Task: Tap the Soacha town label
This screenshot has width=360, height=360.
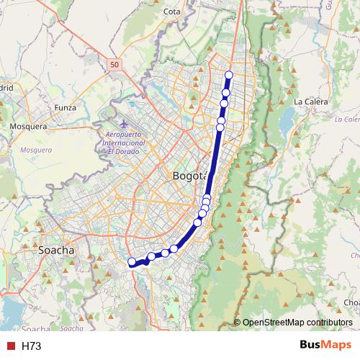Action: pos(55,250)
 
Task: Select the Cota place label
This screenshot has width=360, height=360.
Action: pos(172,12)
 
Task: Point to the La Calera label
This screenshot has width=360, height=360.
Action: pos(311,102)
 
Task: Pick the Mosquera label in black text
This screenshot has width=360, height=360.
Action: pos(28,126)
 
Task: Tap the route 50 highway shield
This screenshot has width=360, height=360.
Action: pos(115,65)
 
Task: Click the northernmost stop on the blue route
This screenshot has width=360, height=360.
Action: pos(229,75)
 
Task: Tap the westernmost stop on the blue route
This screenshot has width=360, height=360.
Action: pos(131,262)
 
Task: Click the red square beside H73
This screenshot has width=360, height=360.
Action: pos(11,346)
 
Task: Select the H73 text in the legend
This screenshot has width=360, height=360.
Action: pos(31,346)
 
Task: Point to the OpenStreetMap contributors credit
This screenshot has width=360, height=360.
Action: pos(297,323)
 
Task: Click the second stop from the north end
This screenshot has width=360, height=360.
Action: pos(226,92)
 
